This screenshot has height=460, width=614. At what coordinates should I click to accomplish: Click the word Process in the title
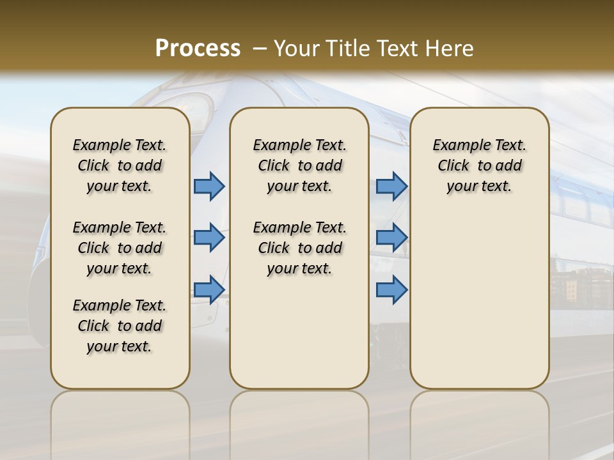click(x=198, y=49)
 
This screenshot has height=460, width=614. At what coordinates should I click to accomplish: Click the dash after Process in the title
click(x=260, y=49)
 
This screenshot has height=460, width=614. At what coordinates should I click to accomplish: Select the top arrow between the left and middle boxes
click(x=209, y=186)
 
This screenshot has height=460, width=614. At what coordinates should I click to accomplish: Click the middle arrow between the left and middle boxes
click(x=209, y=238)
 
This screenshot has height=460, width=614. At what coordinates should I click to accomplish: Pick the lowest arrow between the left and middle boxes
click(x=209, y=289)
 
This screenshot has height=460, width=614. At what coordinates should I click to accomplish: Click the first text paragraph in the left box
click(x=120, y=165)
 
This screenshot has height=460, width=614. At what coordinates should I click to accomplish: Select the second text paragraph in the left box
click(x=120, y=248)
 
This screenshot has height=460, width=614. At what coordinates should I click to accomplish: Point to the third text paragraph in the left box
click(x=120, y=326)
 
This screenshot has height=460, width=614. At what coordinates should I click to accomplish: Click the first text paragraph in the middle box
click(x=300, y=165)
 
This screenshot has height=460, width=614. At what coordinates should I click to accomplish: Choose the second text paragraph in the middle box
click(x=300, y=248)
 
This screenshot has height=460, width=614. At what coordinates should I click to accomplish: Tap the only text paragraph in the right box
click(x=480, y=165)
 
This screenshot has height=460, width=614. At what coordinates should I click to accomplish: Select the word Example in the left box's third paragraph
click(x=97, y=306)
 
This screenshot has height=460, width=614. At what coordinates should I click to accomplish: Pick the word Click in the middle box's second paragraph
click(x=274, y=248)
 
